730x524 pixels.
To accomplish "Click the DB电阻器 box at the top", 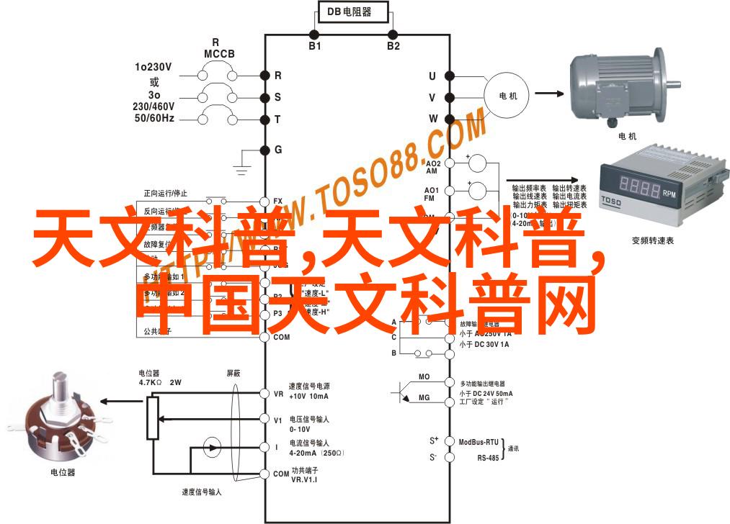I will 353,12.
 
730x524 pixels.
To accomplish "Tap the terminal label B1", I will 314,46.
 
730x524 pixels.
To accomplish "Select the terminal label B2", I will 393,46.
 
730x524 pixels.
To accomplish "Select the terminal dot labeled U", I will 448,76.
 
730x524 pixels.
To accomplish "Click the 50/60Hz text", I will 153,117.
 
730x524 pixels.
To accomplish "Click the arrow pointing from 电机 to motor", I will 548,94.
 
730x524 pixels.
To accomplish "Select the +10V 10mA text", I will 308,397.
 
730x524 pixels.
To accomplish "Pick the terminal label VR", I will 278,394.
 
